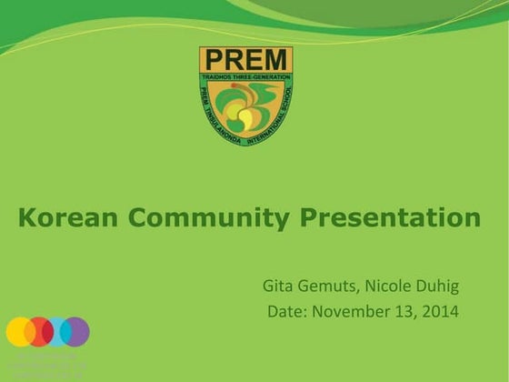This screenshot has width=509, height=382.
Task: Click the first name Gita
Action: [x=278, y=286]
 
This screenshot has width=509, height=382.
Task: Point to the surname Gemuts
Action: [x=328, y=286]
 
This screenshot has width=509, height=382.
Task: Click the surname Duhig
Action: [x=441, y=286]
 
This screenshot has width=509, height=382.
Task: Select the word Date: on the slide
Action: [x=288, y=312]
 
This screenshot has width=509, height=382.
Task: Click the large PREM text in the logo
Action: [x=245, y=62]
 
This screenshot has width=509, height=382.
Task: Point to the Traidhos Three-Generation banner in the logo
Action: [x=245, y=78]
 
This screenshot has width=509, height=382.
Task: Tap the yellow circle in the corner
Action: [x=19, y=331]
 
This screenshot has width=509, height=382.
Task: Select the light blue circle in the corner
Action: [x=56, y=331]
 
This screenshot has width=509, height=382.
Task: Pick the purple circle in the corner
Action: [x=76, y=331]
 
